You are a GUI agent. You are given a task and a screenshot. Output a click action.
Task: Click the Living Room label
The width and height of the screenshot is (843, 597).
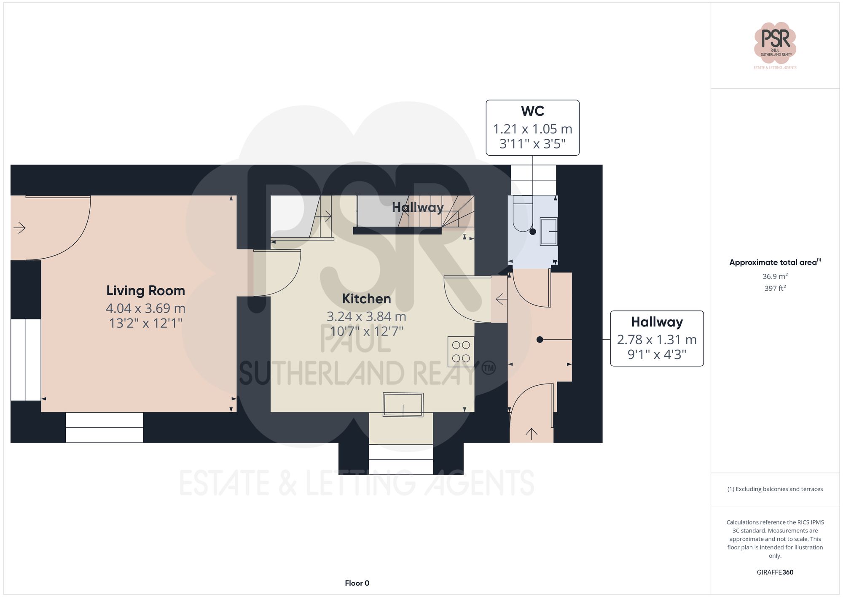145,291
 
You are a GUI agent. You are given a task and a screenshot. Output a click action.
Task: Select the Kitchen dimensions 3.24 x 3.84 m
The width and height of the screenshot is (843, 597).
366,316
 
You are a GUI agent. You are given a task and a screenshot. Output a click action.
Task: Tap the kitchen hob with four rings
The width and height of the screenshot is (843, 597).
461,351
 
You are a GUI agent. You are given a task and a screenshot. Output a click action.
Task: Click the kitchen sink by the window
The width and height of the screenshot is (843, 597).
403,405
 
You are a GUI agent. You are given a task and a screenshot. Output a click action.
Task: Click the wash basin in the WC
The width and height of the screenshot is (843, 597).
548,231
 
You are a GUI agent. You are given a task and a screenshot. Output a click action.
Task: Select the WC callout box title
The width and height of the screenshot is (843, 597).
532,111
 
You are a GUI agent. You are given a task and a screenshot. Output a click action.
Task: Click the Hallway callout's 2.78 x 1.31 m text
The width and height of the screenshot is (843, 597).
656,340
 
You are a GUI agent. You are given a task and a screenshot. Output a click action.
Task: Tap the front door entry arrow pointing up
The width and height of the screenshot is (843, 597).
531,433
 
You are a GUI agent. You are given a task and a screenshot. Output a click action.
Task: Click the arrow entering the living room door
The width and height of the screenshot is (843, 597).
19,228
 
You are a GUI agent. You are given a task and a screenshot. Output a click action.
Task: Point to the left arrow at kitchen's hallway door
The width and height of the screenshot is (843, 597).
501,300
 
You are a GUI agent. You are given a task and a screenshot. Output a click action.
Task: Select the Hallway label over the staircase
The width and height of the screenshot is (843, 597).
417,207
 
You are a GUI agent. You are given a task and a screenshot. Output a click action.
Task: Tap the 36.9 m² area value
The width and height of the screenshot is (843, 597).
775,276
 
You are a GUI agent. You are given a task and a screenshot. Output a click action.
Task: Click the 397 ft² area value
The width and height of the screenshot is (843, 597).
775,288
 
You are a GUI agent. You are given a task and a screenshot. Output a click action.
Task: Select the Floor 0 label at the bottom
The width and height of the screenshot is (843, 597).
357,583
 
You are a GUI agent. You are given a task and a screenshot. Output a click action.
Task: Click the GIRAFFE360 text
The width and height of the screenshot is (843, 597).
775,573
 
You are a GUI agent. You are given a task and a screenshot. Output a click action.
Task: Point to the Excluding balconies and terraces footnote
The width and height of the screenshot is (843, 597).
775,489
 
